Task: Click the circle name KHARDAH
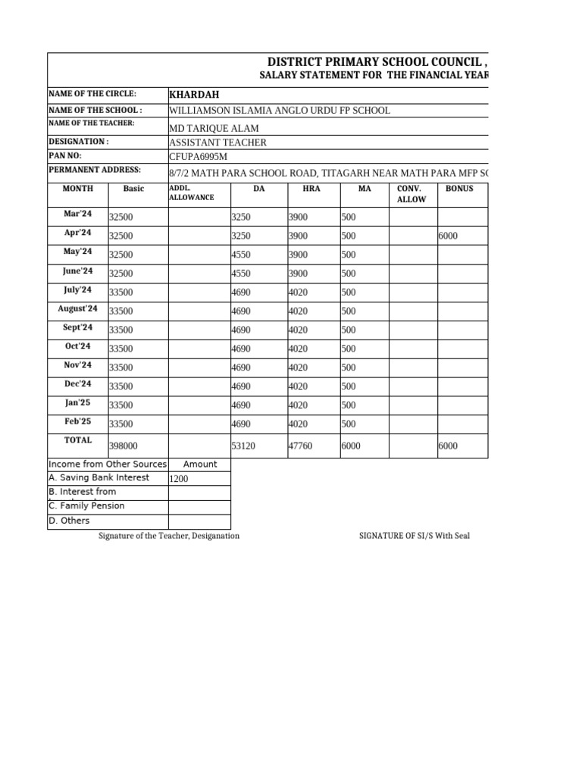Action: (x=194, y=95)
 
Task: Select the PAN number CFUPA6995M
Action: (x=198, y=157)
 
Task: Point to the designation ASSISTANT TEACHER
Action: (x=217, y=142)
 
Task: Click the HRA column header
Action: (x=311, y=188)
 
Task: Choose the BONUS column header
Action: (x=459, y=188)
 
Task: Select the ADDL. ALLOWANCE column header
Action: (x=191, y=192)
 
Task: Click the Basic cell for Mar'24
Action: (x=121, y=217)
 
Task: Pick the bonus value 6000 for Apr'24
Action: (x=448, y=236)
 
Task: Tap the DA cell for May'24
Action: (x=240, y=255)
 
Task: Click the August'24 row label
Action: (x=77, y=308)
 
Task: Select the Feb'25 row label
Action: (x=77, y=421)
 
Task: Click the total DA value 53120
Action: (x=242, y=447)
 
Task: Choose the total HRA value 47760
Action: (x=300, y=447)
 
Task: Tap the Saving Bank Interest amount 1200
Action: (x=179, y=480)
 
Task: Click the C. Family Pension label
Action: (x=86, y=506)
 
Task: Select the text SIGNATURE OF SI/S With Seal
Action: (x=414, y=536)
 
